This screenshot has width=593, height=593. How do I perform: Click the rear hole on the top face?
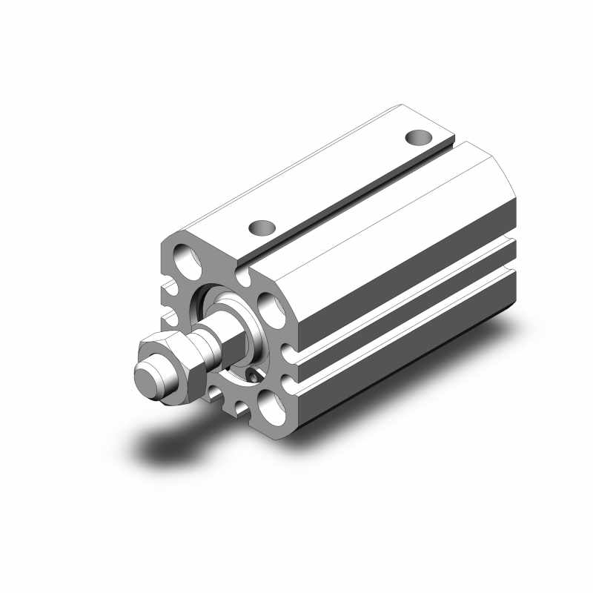420,137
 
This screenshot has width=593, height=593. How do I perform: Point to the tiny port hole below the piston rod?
254,377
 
